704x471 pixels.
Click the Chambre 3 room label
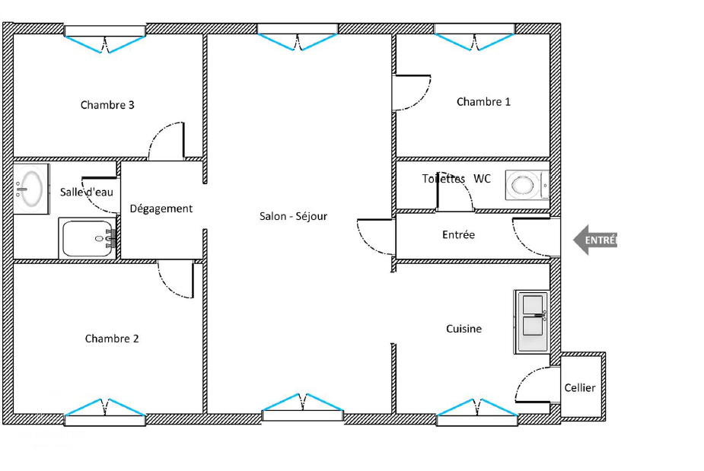click(x=107, y=105)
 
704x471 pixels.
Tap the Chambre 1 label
click(x=483, y=102)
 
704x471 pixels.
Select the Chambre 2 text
click(x=112, y=339)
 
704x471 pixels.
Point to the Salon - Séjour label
click(x=293, y=216)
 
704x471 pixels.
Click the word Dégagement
click(x=161, y=208)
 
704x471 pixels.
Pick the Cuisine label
click(x=463, y=329)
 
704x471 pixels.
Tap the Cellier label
click(x=580, y=387)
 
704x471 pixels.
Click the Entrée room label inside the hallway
click(x=458, y=235)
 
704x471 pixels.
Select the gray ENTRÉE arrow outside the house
click(x=595, y=240)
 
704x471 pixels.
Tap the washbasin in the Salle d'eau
click(x=30, y=189)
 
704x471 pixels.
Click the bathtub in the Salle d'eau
click(x=88, y=238)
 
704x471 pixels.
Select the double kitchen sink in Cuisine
click(x=532, y=322)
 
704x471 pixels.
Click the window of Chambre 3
click(x=105, y=39)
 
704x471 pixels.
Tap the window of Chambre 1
click(x=475, y=37)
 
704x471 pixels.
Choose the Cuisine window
click(x=476, y=412)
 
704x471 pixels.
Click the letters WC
click(x=483, y=179)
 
